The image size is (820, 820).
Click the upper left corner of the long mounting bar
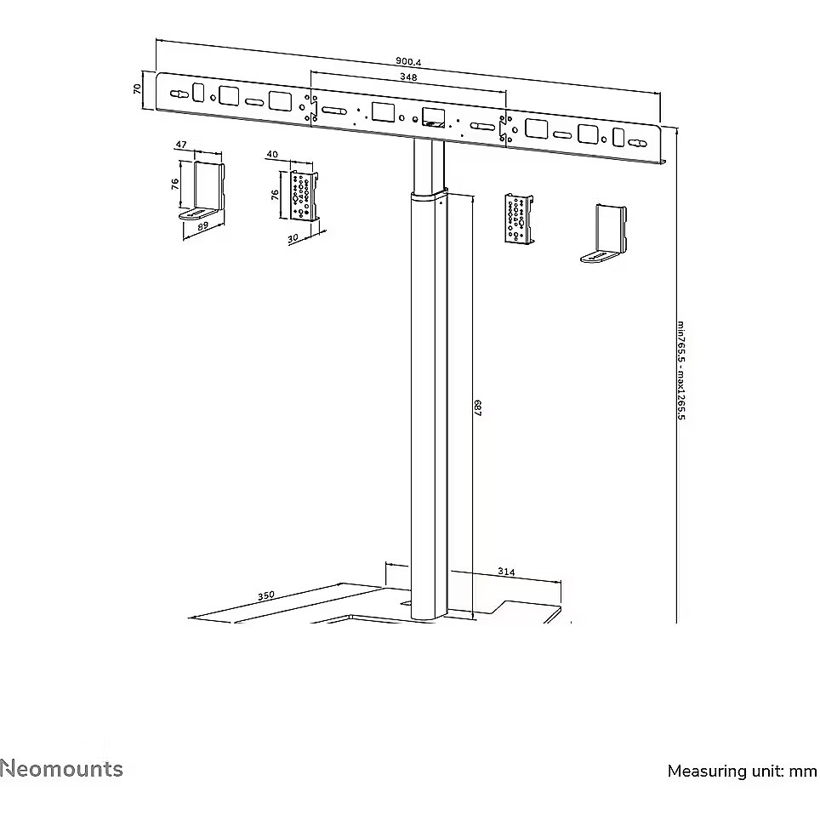point(157,73)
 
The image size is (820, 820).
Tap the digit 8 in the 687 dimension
point(477,408)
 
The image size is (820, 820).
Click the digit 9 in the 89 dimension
point(205,225)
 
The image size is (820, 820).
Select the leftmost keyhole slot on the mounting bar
point(179,94)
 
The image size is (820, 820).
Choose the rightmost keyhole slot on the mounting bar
point(637,143)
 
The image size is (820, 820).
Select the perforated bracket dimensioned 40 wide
point(305,195)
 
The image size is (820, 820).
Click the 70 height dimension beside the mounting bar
point(138,89)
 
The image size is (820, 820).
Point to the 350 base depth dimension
point(265,595)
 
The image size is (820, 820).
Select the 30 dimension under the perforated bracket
point(293,238)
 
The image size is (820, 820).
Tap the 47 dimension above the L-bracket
point(181,145)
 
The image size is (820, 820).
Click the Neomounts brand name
point(62,769)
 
